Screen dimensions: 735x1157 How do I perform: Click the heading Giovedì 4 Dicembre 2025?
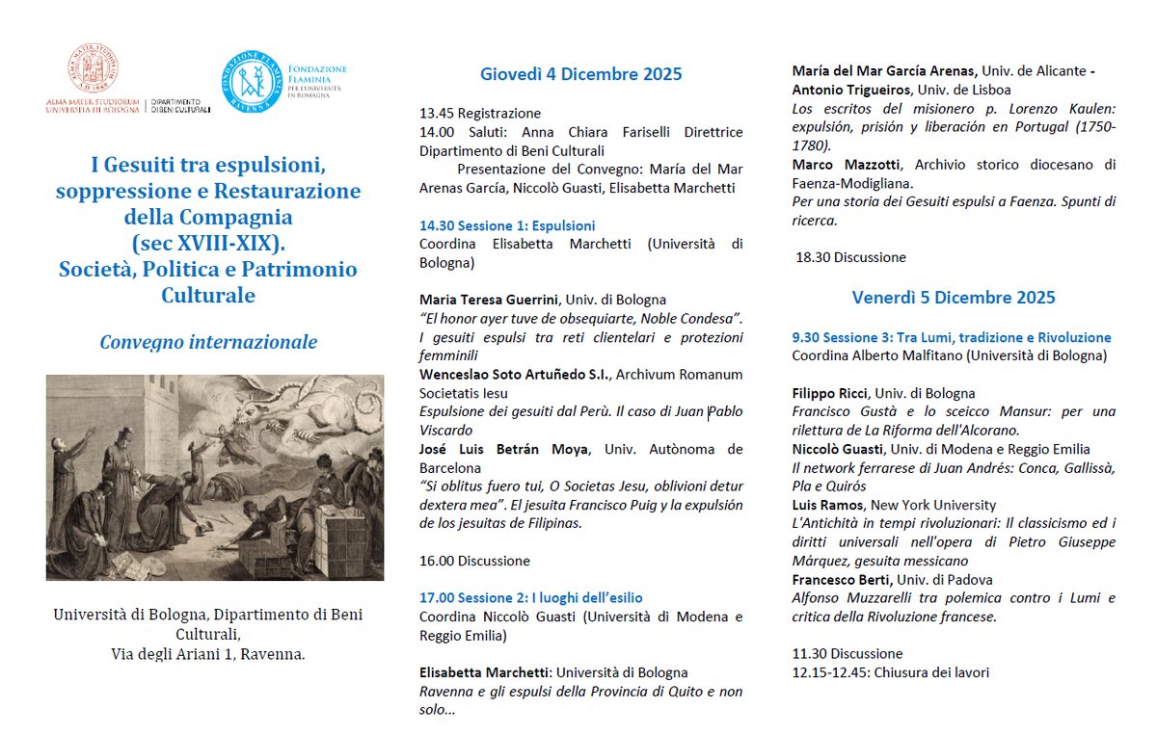point(580,74)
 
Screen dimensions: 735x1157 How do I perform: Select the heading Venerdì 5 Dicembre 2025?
point(954,297)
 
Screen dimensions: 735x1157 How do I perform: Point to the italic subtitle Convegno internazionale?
point(208,342)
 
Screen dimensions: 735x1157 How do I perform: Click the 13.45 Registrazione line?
point(480,114)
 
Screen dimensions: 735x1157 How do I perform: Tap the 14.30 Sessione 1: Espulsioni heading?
point(507,225)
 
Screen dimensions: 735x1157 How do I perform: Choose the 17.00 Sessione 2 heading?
point(530,598)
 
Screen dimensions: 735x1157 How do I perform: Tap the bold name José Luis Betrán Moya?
point(508,449)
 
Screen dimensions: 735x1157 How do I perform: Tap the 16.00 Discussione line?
point(474,561)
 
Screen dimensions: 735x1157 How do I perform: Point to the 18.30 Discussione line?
point(850,257)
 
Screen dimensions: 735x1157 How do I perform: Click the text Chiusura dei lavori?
point(927,672)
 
